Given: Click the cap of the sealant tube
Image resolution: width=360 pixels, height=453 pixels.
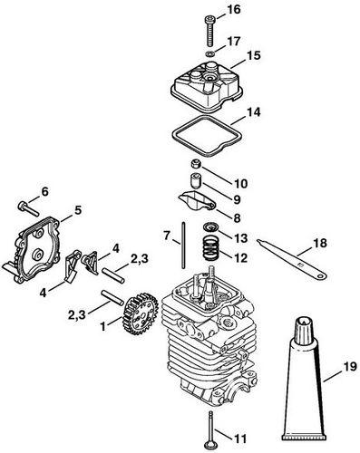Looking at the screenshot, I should point(302,323).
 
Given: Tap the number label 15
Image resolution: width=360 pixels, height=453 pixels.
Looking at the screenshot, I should point(252,54).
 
